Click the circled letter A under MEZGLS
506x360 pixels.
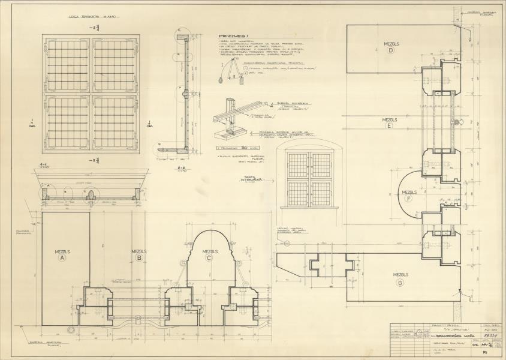(x=62, y=259)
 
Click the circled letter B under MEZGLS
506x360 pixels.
(x=139, y=259)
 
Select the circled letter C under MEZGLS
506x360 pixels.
(x=209, y=259)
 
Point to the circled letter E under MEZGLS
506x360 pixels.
(x=390, y=126)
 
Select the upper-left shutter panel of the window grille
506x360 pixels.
(x=68, y=66)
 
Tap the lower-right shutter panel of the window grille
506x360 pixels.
(x=115, y=122)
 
